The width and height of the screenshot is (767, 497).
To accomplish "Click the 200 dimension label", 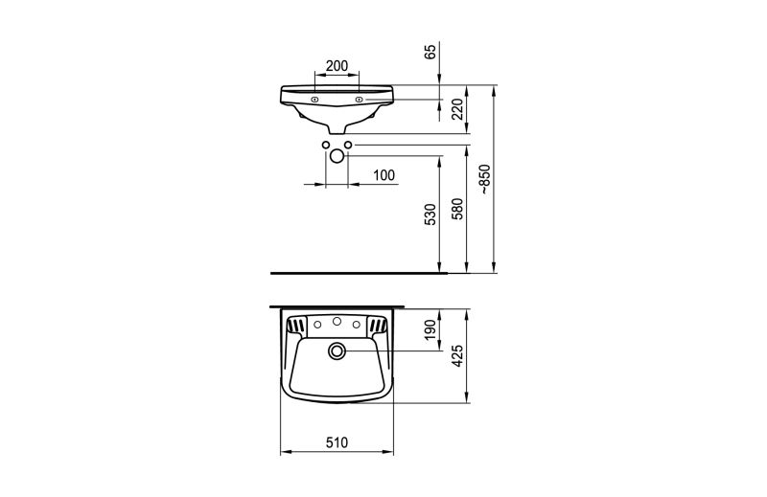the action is pos(337,65).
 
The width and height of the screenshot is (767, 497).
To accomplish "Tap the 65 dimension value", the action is pos(430,52).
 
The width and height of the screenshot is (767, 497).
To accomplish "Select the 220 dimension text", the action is pos(457,109).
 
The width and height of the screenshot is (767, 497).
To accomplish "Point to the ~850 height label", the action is pos(484,179).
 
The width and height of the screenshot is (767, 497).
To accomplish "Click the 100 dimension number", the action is pos(384,175).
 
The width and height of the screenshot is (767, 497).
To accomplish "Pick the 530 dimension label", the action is pos(430,215).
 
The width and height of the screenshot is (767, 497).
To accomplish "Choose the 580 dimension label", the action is pos(457,209).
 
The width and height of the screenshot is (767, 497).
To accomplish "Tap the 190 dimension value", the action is pos(430,329).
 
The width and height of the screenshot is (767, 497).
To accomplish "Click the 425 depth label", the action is pos(457,356).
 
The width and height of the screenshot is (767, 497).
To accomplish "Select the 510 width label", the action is pos(337,442).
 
